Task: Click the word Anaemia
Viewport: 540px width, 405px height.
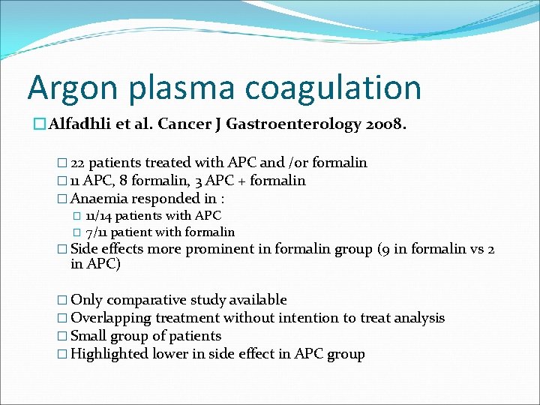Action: point(100,199)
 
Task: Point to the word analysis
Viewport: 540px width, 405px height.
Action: point(415,318)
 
